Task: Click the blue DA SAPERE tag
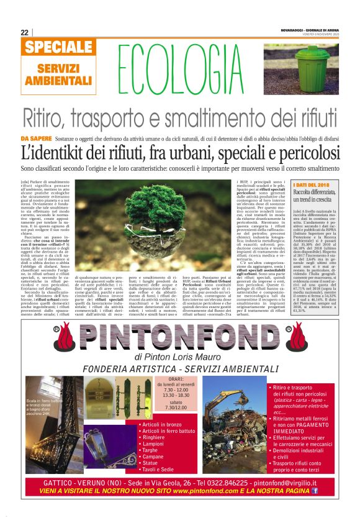click(36, 137)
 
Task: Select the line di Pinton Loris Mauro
click(180, 357)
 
